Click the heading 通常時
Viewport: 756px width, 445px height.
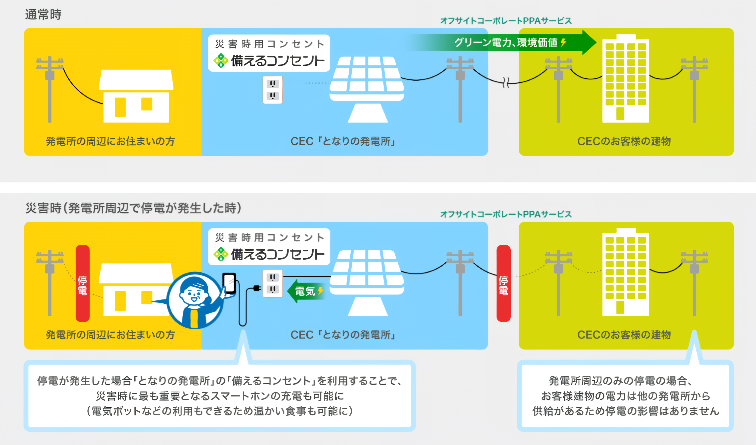pos(43,14)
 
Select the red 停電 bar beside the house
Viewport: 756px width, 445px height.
pos(83,283)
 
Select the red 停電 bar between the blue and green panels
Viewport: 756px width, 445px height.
pos(503,283)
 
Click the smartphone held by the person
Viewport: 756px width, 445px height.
pos(229,283)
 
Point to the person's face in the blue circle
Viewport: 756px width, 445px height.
pos(194,293)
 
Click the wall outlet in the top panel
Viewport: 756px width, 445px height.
pos(273,90)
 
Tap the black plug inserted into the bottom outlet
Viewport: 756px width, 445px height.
pos(257,288)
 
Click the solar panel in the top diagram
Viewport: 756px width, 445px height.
pos(367,89)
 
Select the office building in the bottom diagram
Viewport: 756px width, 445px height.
pos(626,272)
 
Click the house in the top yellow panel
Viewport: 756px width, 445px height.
pos(136,96)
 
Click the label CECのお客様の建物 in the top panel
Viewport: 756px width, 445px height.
pos(624,141)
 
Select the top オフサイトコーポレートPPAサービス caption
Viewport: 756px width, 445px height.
pos(506,21)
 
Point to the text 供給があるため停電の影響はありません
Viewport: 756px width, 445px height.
pos(626,411)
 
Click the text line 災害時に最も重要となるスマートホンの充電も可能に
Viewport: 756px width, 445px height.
pos(220,396)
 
